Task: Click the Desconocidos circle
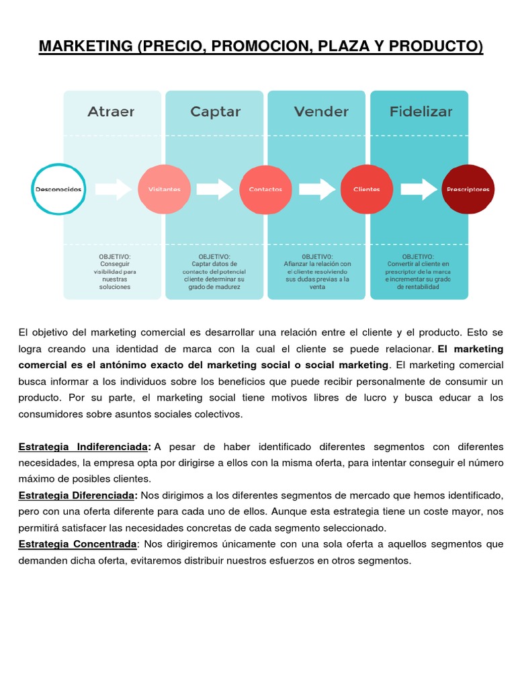click(x=58, y=189)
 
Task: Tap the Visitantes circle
click(x=164, y=189)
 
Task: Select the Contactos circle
click(x=265, y=189)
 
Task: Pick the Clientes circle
click(x=366, y=189)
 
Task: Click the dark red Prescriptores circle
click(x=468, y=189)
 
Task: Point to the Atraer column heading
click(x=111, y=112)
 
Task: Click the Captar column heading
click(x=214, y=112)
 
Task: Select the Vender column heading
click(x=321, y=112)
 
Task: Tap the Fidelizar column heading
click(x=421, y=112)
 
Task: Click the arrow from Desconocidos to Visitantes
click(x=114, y=189)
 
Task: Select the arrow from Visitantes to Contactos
click(x=215, y=189)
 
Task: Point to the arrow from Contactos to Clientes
click(x=316, y=189)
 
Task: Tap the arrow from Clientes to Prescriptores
click(x=419, y=189)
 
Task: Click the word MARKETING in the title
click(x=86, y=46)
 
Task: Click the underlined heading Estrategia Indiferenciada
click(x=83, y=447)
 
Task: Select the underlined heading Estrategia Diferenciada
click(x=77, y=495)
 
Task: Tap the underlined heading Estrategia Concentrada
click(x=77, y=544)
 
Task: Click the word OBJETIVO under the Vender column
click(x=317, y=257)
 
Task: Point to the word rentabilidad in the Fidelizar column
click(x=418, y=287)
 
